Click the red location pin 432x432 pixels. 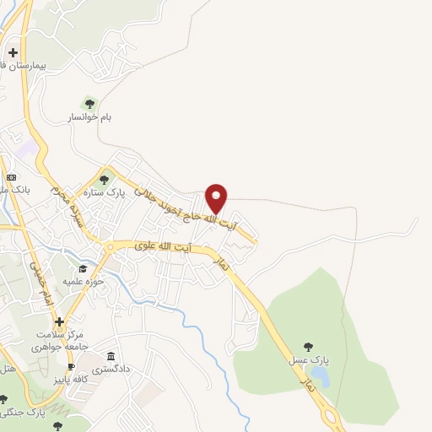(x=217, y=197)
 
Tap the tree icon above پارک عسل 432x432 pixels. (x=308, y=346)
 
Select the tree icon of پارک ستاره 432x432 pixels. (x=105, y=179)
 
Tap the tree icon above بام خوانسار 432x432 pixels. (x=89, y=103)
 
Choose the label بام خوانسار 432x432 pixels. (x=89, y=118)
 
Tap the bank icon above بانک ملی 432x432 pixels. (x=11, y=177)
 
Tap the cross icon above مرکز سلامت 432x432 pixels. (x=59, y=321)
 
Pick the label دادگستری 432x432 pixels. (x=111, y=369)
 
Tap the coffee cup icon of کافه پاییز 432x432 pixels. (x=71, y=366)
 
